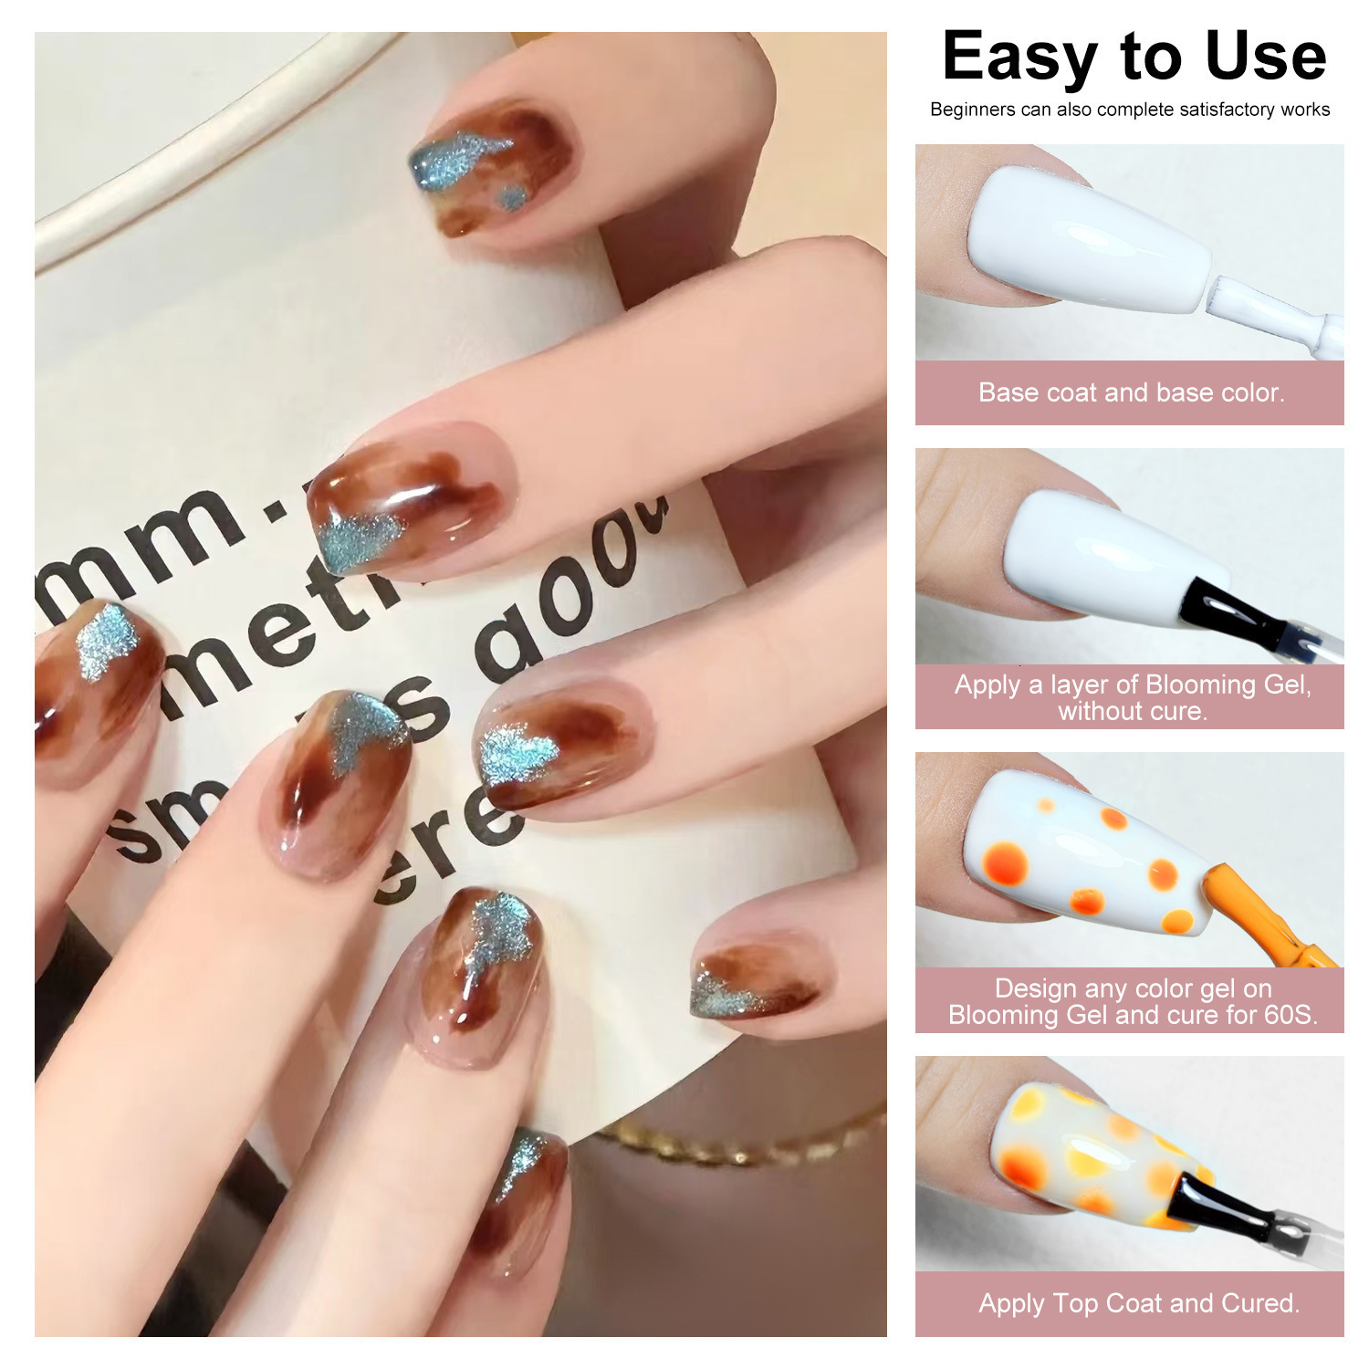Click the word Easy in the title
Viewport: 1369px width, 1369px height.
[1019, 58]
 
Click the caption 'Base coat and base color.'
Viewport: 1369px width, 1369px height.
[1131, 393]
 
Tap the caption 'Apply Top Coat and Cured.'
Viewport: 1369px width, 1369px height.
[1138, 1303]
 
